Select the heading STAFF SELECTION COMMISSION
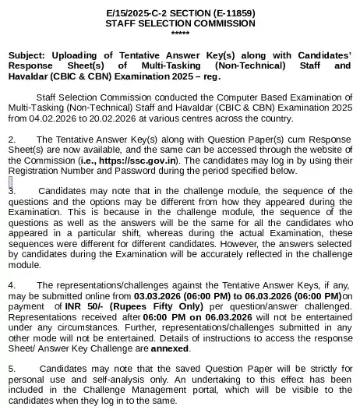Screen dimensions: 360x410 pos(179,24)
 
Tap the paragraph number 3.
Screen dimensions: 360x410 pos(12,190)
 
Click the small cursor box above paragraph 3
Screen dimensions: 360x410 pos(10,181)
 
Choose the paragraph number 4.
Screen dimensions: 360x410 pos(12,285)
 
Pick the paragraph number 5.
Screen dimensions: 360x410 pos(12,366)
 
